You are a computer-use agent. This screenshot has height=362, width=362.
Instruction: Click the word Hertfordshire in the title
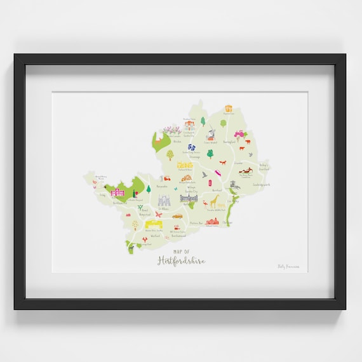pyautogui.click(x=181, y=260)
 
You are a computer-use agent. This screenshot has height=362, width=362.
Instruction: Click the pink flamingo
pyautogui.click(x=205, y=204)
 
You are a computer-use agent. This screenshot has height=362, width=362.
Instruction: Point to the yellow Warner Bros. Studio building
pyautogui.click(x=154, y=224)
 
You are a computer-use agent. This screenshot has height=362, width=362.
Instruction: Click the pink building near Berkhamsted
pyautogui.click(x=117, y=192)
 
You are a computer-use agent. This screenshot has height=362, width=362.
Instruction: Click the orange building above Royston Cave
pyautogui.click(x=227, y=108)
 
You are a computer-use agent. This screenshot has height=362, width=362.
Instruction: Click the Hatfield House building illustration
pyautogui.click(x=189, y=199)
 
